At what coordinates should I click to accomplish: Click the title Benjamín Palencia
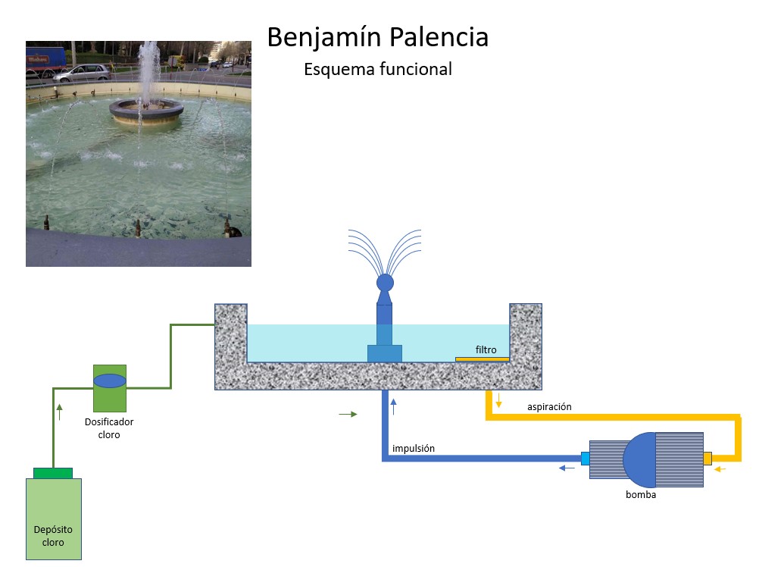pyautogui.click(x=377, y=37)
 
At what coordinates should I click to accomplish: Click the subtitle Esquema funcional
pyautogui.click(x=377, y=69)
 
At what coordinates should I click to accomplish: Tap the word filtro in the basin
pyautogui.click(x=486, y=350)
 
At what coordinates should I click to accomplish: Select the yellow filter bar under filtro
pyautogui.click(x=482, y=359)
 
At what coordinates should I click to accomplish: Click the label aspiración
pyautogui.click(x=549, y=407)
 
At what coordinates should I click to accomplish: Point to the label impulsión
pyautogui.click(x=414, y=449)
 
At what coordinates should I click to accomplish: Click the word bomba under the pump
pyautogui.click(x=641, y=495)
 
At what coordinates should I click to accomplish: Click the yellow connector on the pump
pyautogui.click(x=707, y=459)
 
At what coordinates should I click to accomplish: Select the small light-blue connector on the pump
pyautogui.click(x=585, y=459)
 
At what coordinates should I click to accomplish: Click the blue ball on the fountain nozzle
pyautogui.click(x=385, y=283)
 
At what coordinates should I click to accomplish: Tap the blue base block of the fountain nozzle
pyautogui.click(x=385, y=353)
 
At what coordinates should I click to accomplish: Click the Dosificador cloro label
pyautogui.click(x=109, y=428)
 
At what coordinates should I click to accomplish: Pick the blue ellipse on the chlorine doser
pyautogui.click(x=110, y=380)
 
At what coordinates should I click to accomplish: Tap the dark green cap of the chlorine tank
pyautogui.click(x=53, y=473)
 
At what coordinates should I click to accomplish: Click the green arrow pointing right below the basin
pyautogui.click(x=348, y=415)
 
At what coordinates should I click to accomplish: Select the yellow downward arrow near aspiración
pyautogui.click(x=498, y=399)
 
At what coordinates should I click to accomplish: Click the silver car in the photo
pyautogui.click(x=82, y=73)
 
